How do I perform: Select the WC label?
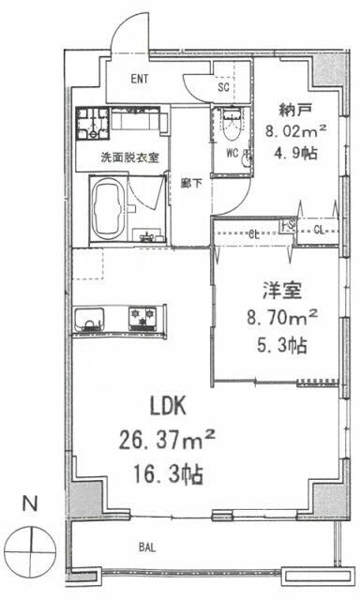point(230,151)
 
